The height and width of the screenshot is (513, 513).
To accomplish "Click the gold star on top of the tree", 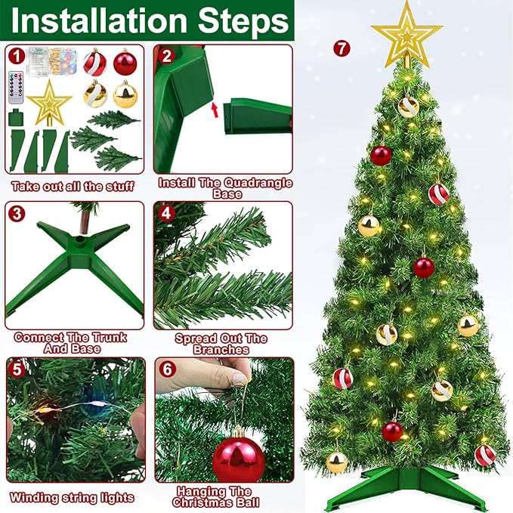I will tap(406, 34).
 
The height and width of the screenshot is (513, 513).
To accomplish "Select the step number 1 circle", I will tap(17, 57).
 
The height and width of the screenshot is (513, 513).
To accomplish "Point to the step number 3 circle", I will tap(17, 212).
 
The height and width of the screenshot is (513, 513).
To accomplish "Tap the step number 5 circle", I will tap(17, 369).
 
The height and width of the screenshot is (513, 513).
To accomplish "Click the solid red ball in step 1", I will tap(125, 62).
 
